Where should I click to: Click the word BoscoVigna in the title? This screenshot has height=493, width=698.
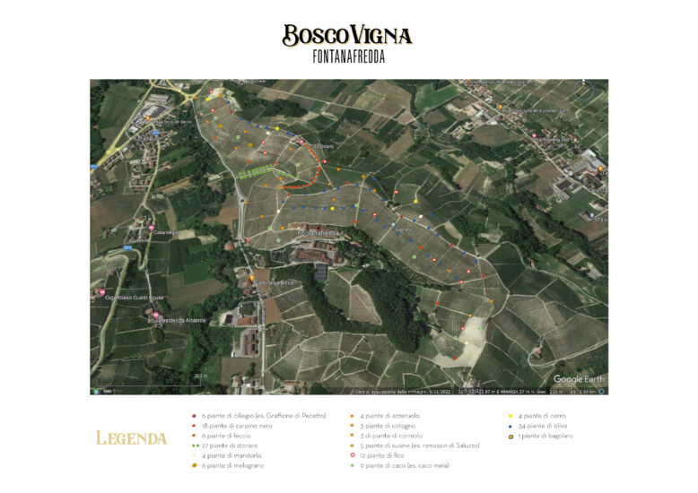347,36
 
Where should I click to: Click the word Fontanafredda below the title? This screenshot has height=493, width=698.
347,57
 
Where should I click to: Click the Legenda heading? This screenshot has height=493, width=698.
131,438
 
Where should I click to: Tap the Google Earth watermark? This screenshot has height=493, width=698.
580,379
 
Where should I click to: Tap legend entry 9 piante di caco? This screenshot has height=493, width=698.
405,465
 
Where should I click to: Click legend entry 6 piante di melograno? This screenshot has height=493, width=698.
235,465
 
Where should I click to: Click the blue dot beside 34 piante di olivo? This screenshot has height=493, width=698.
510,426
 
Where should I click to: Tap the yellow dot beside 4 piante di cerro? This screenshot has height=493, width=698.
510,416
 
